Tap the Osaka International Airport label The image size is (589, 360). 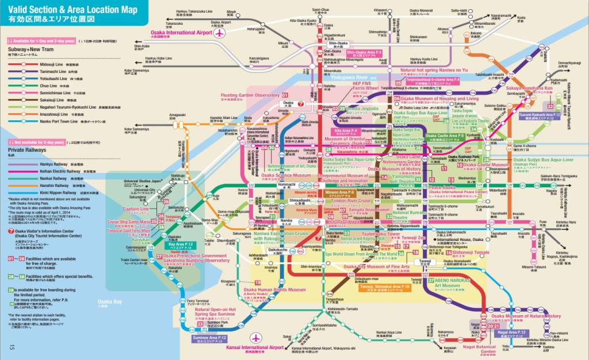pyautogui.click(x=181, y=33)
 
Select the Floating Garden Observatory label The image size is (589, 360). pyautogui.click(x=251, y=94)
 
